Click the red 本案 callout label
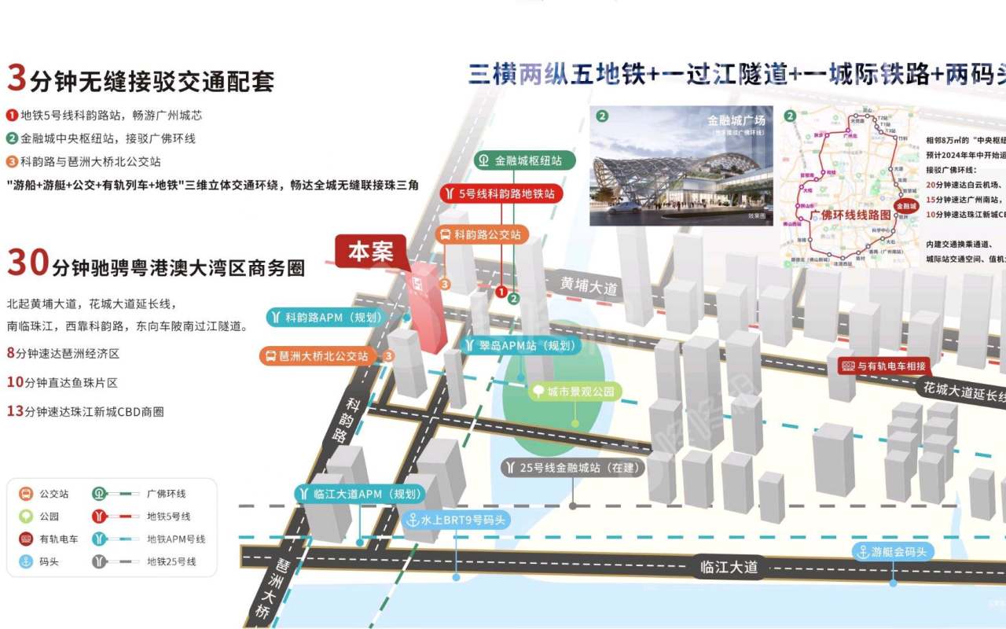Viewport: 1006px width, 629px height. (370, 252)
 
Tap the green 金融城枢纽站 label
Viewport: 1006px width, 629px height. (524, 160)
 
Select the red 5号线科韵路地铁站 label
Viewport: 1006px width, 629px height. (501, 193)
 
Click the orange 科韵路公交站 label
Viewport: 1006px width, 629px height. (482, 234)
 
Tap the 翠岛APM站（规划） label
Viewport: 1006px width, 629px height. (520, 345)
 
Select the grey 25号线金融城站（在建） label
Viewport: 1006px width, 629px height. (573, 468)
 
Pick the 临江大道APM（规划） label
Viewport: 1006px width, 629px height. (360, 494)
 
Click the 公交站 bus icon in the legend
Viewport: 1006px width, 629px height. (26, 494)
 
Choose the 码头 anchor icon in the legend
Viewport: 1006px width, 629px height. (26, 561)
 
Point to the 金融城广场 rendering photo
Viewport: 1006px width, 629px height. (681, 166)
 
